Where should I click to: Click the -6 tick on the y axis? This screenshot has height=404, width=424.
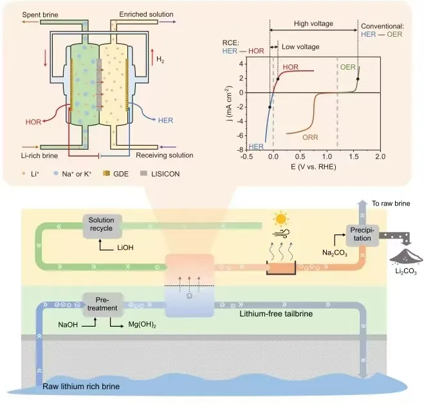coord(240,135)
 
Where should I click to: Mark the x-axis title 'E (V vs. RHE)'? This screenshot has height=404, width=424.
coord(313,168)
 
